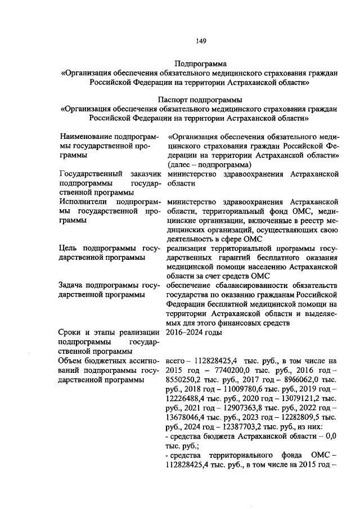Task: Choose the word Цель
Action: (x=68, y=248)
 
